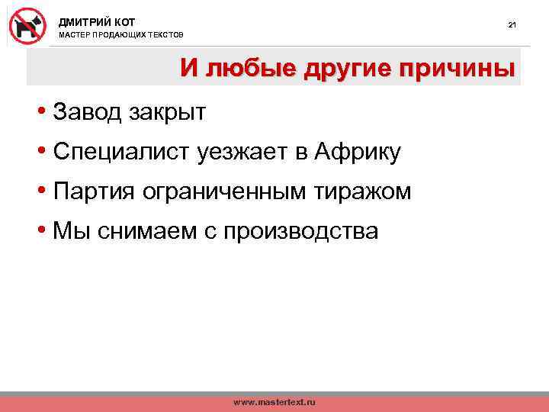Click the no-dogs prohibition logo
pyautogui.click(x=27, y=24)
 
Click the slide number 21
pyautogui.click(x=512, y=26)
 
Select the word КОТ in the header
pyautogui.click(x=124, y=21)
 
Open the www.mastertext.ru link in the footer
pyautogui.click(x=274, y=401)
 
